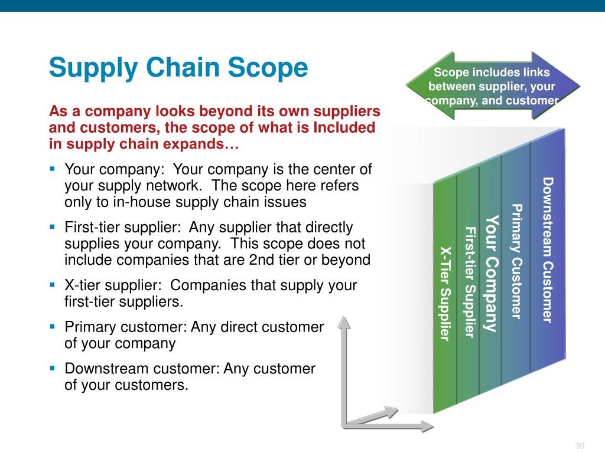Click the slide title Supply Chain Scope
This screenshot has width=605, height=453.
[178, 68]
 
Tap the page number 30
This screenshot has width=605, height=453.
[579, 445]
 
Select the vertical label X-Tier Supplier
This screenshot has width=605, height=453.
[445, 293]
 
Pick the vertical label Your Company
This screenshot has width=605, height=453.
[492, 273]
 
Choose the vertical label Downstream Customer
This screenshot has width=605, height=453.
[547, 250]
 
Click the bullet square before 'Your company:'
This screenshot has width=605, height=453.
[53, 169]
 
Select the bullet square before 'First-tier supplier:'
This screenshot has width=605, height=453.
[53, 226]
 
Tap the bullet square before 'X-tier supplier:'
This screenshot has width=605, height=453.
[53, 284]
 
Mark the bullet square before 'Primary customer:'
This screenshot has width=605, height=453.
[53, 326]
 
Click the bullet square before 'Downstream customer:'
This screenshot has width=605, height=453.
[53, 367]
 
